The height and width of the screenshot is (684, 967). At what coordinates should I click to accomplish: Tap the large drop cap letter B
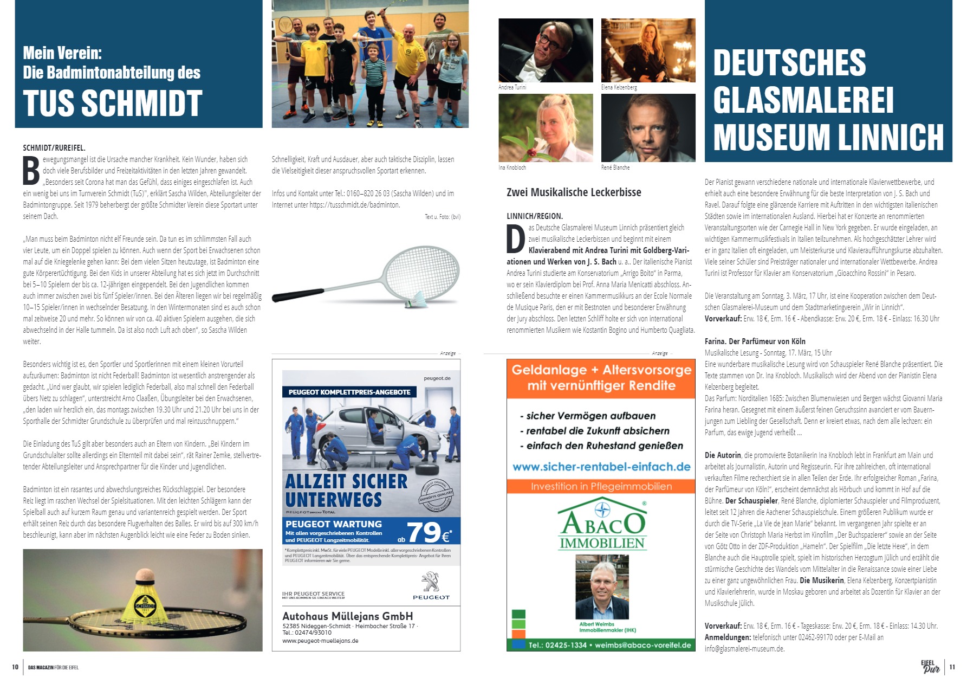[31, 171]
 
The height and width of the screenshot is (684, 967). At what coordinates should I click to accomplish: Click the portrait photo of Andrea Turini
[546, 50]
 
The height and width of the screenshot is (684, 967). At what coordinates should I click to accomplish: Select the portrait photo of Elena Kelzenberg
[648, 50]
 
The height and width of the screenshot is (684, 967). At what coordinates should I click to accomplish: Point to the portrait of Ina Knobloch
[546, 128]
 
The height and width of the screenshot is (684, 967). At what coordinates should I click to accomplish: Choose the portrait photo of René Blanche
[648, 128]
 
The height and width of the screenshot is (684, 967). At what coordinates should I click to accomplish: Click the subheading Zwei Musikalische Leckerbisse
[574, 192]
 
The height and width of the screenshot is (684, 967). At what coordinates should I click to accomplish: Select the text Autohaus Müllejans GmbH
[347, 616]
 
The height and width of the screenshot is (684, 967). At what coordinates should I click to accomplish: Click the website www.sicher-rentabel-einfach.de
[601, 467]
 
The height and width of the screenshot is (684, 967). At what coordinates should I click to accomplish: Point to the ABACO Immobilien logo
[601, 525]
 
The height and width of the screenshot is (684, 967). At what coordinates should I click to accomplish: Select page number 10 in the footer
[15, 667]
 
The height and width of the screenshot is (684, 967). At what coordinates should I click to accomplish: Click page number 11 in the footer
[952, 667]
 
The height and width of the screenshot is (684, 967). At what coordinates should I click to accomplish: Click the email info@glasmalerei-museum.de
[744, 649]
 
